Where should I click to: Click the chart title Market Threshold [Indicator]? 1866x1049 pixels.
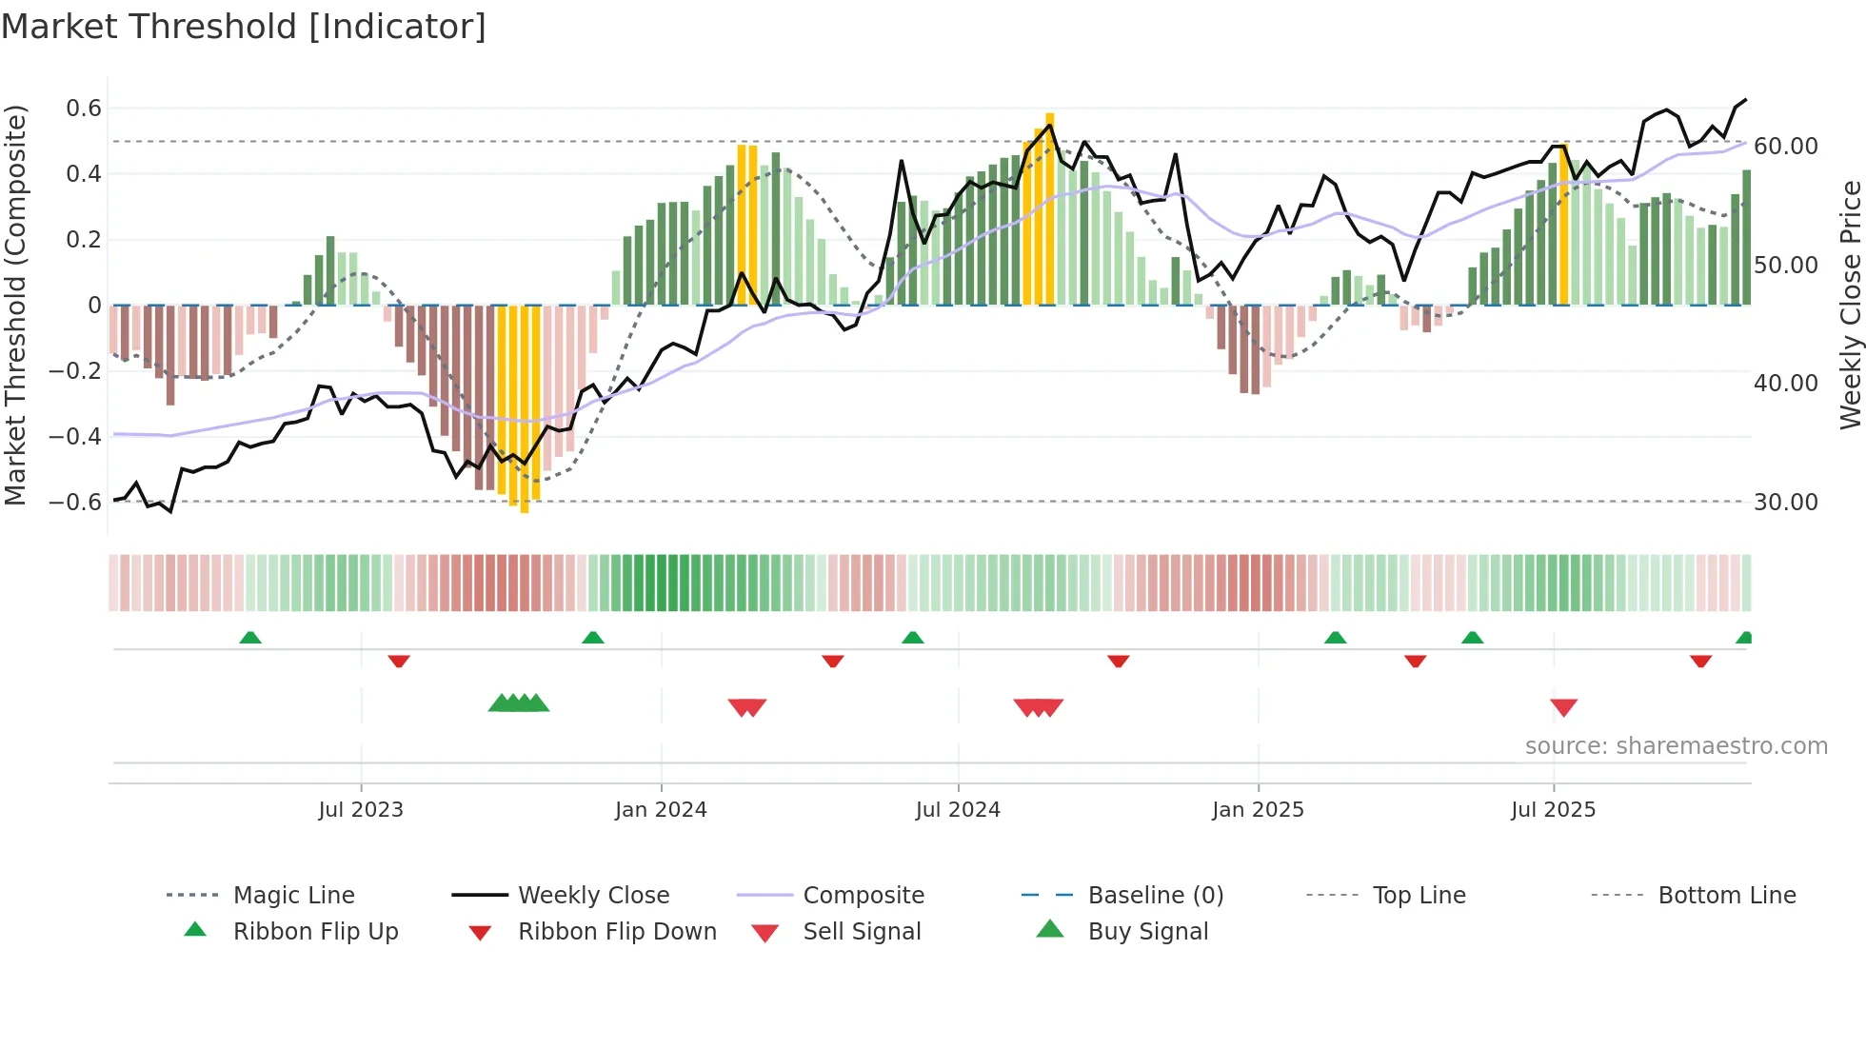click(244, 27)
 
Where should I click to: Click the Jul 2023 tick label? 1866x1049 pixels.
click(361, 809)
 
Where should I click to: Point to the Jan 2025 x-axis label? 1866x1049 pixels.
click(1258, 809)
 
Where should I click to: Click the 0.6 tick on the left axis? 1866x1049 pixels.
click(84, 109)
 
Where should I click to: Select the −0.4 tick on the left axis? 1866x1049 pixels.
click(74, 437)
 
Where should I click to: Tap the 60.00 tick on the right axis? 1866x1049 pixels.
click(1785, 147)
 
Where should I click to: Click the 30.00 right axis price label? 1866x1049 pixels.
click(1785, 502)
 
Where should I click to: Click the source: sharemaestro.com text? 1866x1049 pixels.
click(1676, 746)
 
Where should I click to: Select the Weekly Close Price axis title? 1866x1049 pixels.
click(1850, 305)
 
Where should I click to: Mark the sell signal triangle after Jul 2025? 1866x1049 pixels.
click(1563, 707)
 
